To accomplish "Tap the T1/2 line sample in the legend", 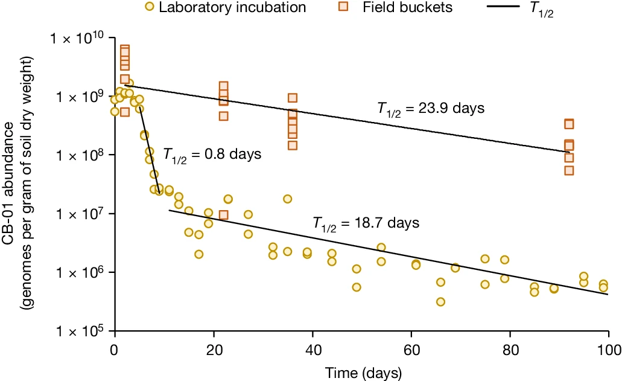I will point(525,8).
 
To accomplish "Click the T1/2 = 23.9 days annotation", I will point(431,109).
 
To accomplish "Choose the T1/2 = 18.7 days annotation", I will point(366,223).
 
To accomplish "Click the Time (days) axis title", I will point(361,369).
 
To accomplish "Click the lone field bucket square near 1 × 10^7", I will point(223,215).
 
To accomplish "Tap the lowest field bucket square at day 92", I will point(569,170).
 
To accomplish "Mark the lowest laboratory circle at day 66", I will point(440,302).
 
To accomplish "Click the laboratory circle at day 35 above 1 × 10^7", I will point(287,199).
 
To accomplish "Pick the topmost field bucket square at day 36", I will point(293,98).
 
